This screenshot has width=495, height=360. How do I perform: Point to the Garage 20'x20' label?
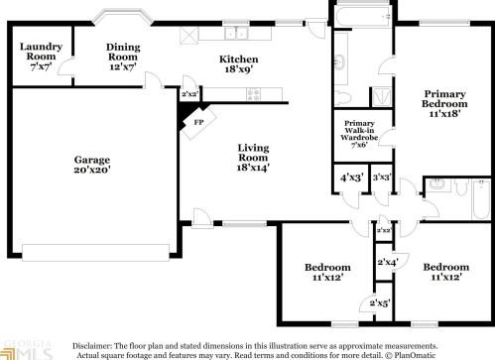pos(91,165)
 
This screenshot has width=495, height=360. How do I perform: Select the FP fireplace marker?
pos(197,122)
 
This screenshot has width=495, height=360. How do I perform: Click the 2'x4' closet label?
pos(387,262)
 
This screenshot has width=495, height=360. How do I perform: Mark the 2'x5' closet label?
pos(380,302)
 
